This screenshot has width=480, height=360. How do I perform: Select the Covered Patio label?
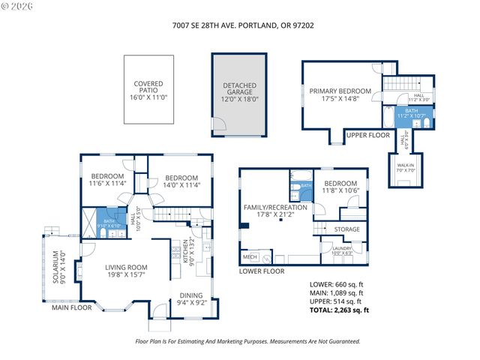pyautogui.click(x=148, y=91)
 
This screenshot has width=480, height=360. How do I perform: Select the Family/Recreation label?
pyautogui.click(x=274, y=211)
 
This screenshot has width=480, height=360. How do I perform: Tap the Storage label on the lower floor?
pyautogui.click(x=346, y=229)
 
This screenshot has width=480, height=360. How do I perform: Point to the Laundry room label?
pyautogui.click(x=343, y=251)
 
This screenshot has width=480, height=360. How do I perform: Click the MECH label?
pyautogui.click(x=250, y=257)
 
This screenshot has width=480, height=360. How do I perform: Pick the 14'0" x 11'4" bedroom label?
pyautogui.click(x=182, y=182)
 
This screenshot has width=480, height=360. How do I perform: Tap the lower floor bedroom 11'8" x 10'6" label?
pyautogui.click(x=340, y=187)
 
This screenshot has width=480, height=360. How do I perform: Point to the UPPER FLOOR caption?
pyautogui.click(x=368, y=135)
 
